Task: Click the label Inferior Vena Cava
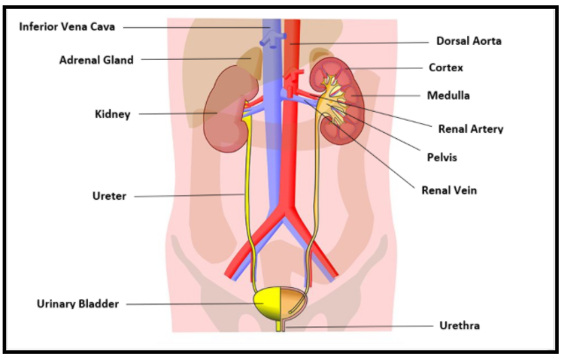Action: point(67,26)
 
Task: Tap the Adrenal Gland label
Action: point(97,60)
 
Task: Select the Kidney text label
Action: point(113,114)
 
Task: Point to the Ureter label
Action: point(109,195)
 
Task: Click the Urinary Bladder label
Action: point(77,304)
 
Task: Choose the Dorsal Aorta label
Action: point(469,40)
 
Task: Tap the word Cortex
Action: point(446,67)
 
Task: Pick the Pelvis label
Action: point(441,158)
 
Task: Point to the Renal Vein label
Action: point(449,189)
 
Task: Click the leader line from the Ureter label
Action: point(189,195)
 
